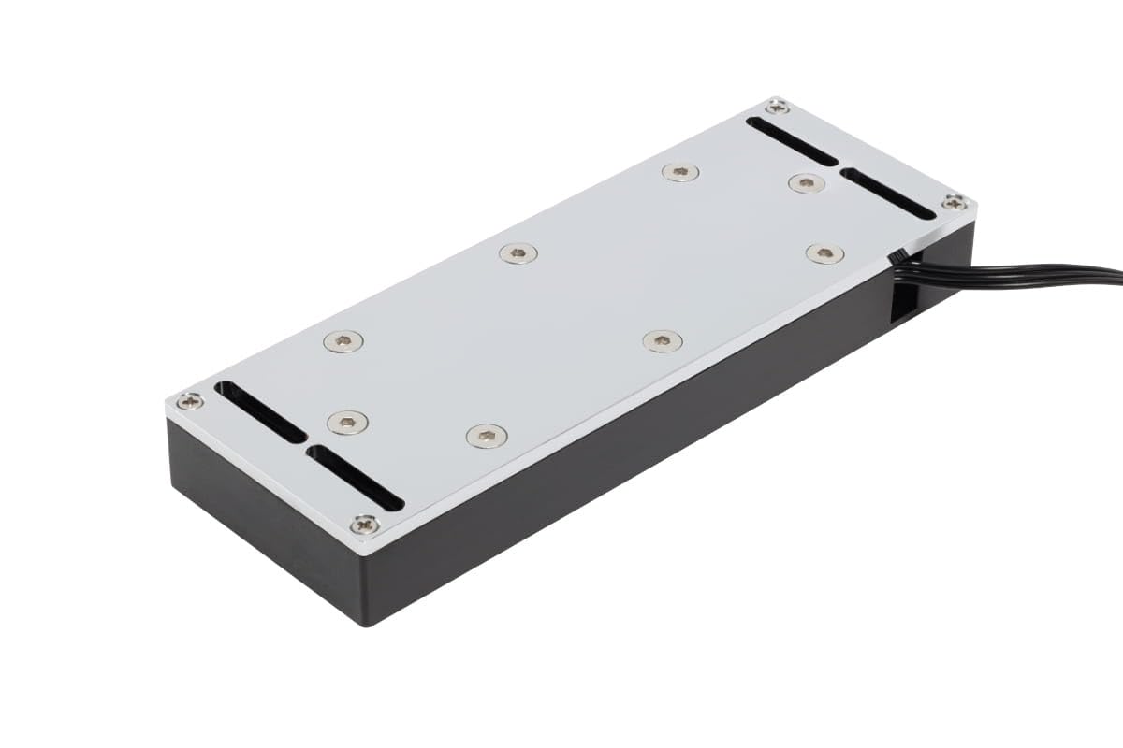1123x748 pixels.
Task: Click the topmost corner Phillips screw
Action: [777, 108]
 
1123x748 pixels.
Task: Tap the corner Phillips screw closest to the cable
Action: [954, 202]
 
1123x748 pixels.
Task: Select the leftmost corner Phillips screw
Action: [190, 401]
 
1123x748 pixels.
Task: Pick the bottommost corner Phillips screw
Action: [364, 525]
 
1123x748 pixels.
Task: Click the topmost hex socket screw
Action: [680, 172]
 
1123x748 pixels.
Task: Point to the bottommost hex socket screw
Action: [487, 435]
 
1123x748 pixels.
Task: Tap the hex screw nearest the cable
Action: [824, 252]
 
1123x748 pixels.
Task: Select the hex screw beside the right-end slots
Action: [806, 182]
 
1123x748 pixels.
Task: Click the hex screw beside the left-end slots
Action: [347, 423]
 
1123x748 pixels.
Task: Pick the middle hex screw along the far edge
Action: [518, 252]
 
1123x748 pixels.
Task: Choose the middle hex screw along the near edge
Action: [663, 340]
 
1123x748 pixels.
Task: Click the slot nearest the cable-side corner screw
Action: [887, 194]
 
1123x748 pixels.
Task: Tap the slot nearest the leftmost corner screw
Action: [259, 411]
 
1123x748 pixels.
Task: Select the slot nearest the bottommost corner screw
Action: [356, 478]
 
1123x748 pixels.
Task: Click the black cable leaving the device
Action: [1029, 276]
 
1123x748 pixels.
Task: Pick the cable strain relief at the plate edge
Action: [897, 256]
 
